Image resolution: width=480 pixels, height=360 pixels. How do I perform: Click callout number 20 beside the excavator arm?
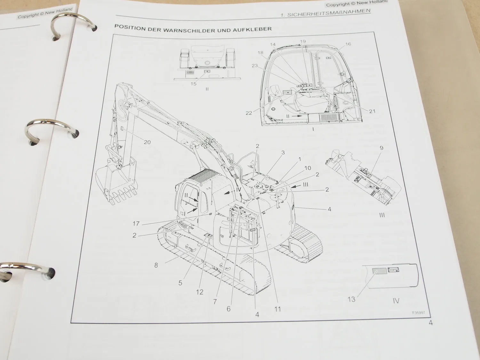pos(147,142)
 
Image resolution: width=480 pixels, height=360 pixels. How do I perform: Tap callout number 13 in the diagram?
pos(351,299)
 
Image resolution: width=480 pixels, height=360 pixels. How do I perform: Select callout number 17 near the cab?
pos(136,224)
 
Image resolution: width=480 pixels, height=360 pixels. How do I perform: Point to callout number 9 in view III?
pos(381,148)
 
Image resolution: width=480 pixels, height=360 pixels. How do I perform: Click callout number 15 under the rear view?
pos(194,84)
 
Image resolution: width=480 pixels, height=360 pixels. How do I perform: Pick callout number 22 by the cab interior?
pos(249,113)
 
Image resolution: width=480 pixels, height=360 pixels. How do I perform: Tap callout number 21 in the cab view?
pos(372,111)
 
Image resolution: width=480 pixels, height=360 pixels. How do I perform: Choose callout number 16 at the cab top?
pos(348,44)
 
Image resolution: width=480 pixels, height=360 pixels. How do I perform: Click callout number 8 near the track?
pos(156,265)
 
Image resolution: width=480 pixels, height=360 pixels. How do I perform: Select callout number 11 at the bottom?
pos(277,309)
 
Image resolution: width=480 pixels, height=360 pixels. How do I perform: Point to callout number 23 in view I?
pos(255,66)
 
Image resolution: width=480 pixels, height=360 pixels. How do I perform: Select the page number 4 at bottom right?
pos(431,323)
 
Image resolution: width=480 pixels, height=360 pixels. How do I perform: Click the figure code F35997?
pos(419,313)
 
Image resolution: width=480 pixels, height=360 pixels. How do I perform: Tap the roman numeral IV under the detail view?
pos(396,301)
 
